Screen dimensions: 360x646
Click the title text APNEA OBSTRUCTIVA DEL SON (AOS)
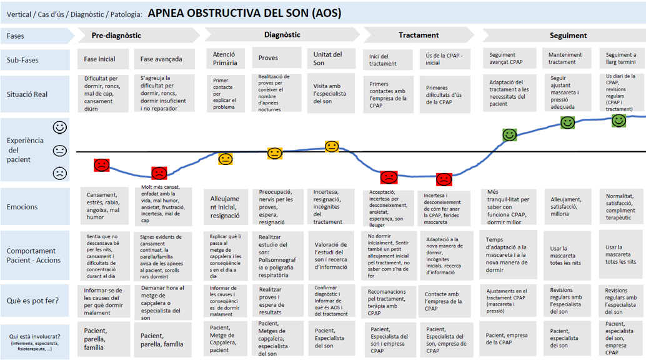tap(244, 13)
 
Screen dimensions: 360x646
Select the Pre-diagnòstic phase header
tap(116, 36)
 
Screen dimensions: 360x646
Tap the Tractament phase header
tap(419, 36)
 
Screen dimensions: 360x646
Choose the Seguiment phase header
tap(568, 36)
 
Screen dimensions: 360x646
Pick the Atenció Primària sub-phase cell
tap(225, 59)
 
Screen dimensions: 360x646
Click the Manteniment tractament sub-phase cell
tap(565, 59)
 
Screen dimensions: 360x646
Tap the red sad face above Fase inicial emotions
tap(102, 165)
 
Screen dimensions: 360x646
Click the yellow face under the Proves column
tap(275, 153)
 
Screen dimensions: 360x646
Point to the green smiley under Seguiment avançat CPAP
tap(510, 134)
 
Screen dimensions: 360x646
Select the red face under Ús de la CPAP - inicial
tap(444, 180)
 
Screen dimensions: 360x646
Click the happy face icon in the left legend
tap(60, 127)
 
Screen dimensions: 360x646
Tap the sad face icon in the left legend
tap(60, 173)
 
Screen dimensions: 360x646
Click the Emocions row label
tap(22, 207)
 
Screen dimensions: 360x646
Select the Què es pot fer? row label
tap(32, 301)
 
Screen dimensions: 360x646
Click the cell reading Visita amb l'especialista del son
tap(331, 94)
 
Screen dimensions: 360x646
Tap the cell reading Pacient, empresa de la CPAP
tap(507, 338)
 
